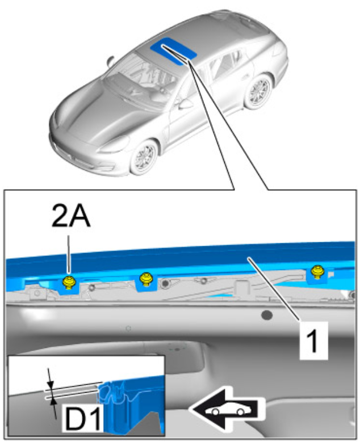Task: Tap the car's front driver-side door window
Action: [199, 85]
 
